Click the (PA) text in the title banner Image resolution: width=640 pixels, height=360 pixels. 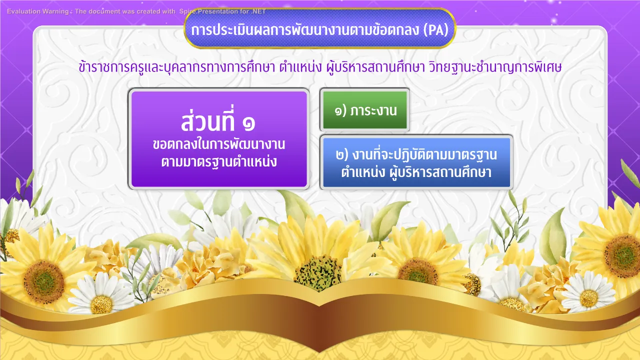coord(435,30)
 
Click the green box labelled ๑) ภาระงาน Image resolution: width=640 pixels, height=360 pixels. coord(365,110)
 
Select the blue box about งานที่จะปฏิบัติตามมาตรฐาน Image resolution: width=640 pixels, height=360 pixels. coord(416,162)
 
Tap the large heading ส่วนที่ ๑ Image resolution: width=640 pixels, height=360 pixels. coord(218,121)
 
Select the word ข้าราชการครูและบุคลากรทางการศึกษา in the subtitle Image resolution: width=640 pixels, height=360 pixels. coord(177,67)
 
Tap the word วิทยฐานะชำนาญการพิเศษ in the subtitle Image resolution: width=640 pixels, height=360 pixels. coord(495,67)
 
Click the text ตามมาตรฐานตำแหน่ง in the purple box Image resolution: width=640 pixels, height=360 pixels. coord(219,162)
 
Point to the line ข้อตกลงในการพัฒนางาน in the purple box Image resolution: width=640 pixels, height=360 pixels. coord(219,144)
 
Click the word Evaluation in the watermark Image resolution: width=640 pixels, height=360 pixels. coord(23,11)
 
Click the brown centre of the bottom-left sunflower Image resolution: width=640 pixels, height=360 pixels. coord(44,282)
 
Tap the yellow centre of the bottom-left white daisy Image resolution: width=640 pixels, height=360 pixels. coord(101,304)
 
